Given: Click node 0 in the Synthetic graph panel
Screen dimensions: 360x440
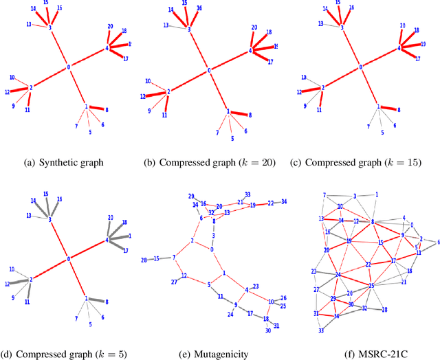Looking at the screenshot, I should (x=68, y=67).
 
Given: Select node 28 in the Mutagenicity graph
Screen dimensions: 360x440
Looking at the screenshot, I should (x=144, y=260).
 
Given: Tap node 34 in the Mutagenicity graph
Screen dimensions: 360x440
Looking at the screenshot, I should (x=285, y=202).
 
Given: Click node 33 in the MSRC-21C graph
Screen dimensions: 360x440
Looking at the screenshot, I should (x=321, y=330).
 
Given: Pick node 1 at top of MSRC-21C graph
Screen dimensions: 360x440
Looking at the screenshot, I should (x=376, y=194).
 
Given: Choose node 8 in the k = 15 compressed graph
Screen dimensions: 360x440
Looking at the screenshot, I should (x=399, y=110).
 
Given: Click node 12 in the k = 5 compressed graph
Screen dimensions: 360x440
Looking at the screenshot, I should (x=8, y=284).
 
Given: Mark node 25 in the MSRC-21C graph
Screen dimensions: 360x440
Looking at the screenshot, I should (x=371, y=285).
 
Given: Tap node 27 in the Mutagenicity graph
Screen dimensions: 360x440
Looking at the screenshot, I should (x=175, y=282).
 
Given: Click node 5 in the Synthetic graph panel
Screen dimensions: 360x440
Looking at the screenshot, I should (x=90, y=131).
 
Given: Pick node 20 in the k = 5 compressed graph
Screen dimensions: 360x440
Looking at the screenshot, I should (x=110, y=218).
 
